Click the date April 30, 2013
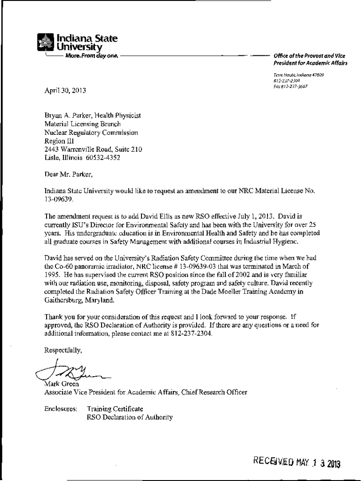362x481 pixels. (x=65, y=90)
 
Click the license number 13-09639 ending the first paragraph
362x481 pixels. (x=58, y=199)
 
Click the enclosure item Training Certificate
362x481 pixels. (x=115, y=409)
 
